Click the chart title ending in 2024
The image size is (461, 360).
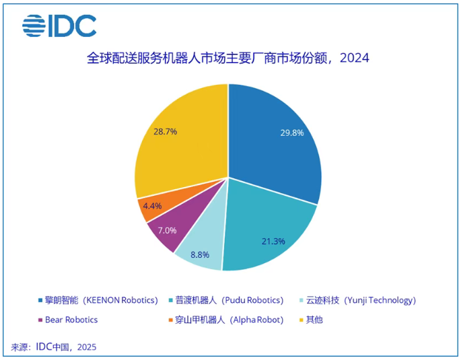coord(228,58)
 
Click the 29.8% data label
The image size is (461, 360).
coord(292,133)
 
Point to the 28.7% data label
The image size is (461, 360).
coord(165,131)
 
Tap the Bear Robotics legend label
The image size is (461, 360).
coord(71,319)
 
